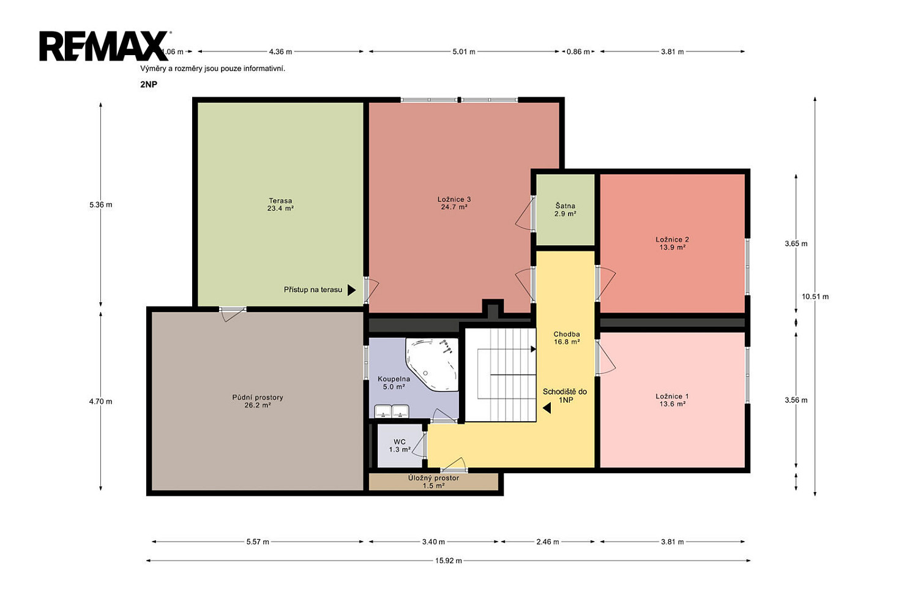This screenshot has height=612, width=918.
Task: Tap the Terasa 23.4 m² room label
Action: tap(280, 204)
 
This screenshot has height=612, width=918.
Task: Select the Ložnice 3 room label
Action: tap(454, 203)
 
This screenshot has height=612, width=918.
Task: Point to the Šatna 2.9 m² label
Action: tap(565, 209)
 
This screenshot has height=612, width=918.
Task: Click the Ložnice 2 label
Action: tap(672, 243)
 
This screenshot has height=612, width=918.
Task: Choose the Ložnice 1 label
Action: tap(672, 400)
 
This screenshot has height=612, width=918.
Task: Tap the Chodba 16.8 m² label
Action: tap(566, 338)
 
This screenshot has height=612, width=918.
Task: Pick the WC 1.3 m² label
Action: tap(400, 445)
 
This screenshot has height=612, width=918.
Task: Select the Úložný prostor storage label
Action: tap(433, 482)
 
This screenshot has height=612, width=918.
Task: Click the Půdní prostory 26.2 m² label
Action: tap(258, 401)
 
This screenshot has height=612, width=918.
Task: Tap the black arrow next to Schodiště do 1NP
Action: tap(547, 408)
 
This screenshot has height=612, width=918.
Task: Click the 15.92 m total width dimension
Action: tap(449, 561)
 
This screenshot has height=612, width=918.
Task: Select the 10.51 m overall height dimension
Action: tap(815, 296)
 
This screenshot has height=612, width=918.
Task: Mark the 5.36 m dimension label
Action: tap(101, 204)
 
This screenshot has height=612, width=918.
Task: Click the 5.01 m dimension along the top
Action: tap(464, 51)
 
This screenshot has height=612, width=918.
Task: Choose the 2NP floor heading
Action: tap(149, 84)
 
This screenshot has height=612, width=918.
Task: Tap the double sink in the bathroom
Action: tap(392, 411)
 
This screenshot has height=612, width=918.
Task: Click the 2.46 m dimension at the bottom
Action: tap(548, 542)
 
